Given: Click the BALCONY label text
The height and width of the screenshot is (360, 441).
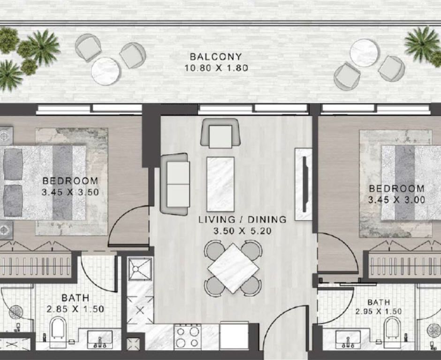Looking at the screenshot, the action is coord(216,57).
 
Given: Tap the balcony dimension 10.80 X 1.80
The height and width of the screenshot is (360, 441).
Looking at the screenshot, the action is coord(216,68).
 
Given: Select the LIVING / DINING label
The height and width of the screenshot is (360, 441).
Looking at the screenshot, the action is coord(243,219).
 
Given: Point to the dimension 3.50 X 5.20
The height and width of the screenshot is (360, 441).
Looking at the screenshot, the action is coord(243,231).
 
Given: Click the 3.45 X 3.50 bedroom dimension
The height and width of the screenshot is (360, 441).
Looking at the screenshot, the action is coord(70,192).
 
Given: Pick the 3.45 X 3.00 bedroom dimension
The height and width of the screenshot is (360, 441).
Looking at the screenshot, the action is coord(396,200).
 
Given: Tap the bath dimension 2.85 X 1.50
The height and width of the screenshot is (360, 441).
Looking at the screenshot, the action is coord(76,309).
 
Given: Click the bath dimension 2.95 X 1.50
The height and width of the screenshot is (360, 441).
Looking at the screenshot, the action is coord(378,312).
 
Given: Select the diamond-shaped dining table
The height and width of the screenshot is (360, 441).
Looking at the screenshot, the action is coord(233,269).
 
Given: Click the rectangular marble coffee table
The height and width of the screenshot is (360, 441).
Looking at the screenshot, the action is coord(220,184).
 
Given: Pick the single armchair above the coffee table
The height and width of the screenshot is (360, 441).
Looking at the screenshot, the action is coord(220,133).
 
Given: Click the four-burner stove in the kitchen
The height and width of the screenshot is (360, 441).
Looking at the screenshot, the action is coord(187,337).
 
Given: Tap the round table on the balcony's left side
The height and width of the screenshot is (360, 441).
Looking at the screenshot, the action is coord(105,71).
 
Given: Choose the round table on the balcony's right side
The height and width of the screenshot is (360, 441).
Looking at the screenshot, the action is coord(364,52).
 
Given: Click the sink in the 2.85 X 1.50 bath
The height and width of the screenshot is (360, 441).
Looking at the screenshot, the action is coord(100,339).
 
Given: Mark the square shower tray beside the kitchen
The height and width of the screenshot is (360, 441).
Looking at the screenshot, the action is coord(140,269).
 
